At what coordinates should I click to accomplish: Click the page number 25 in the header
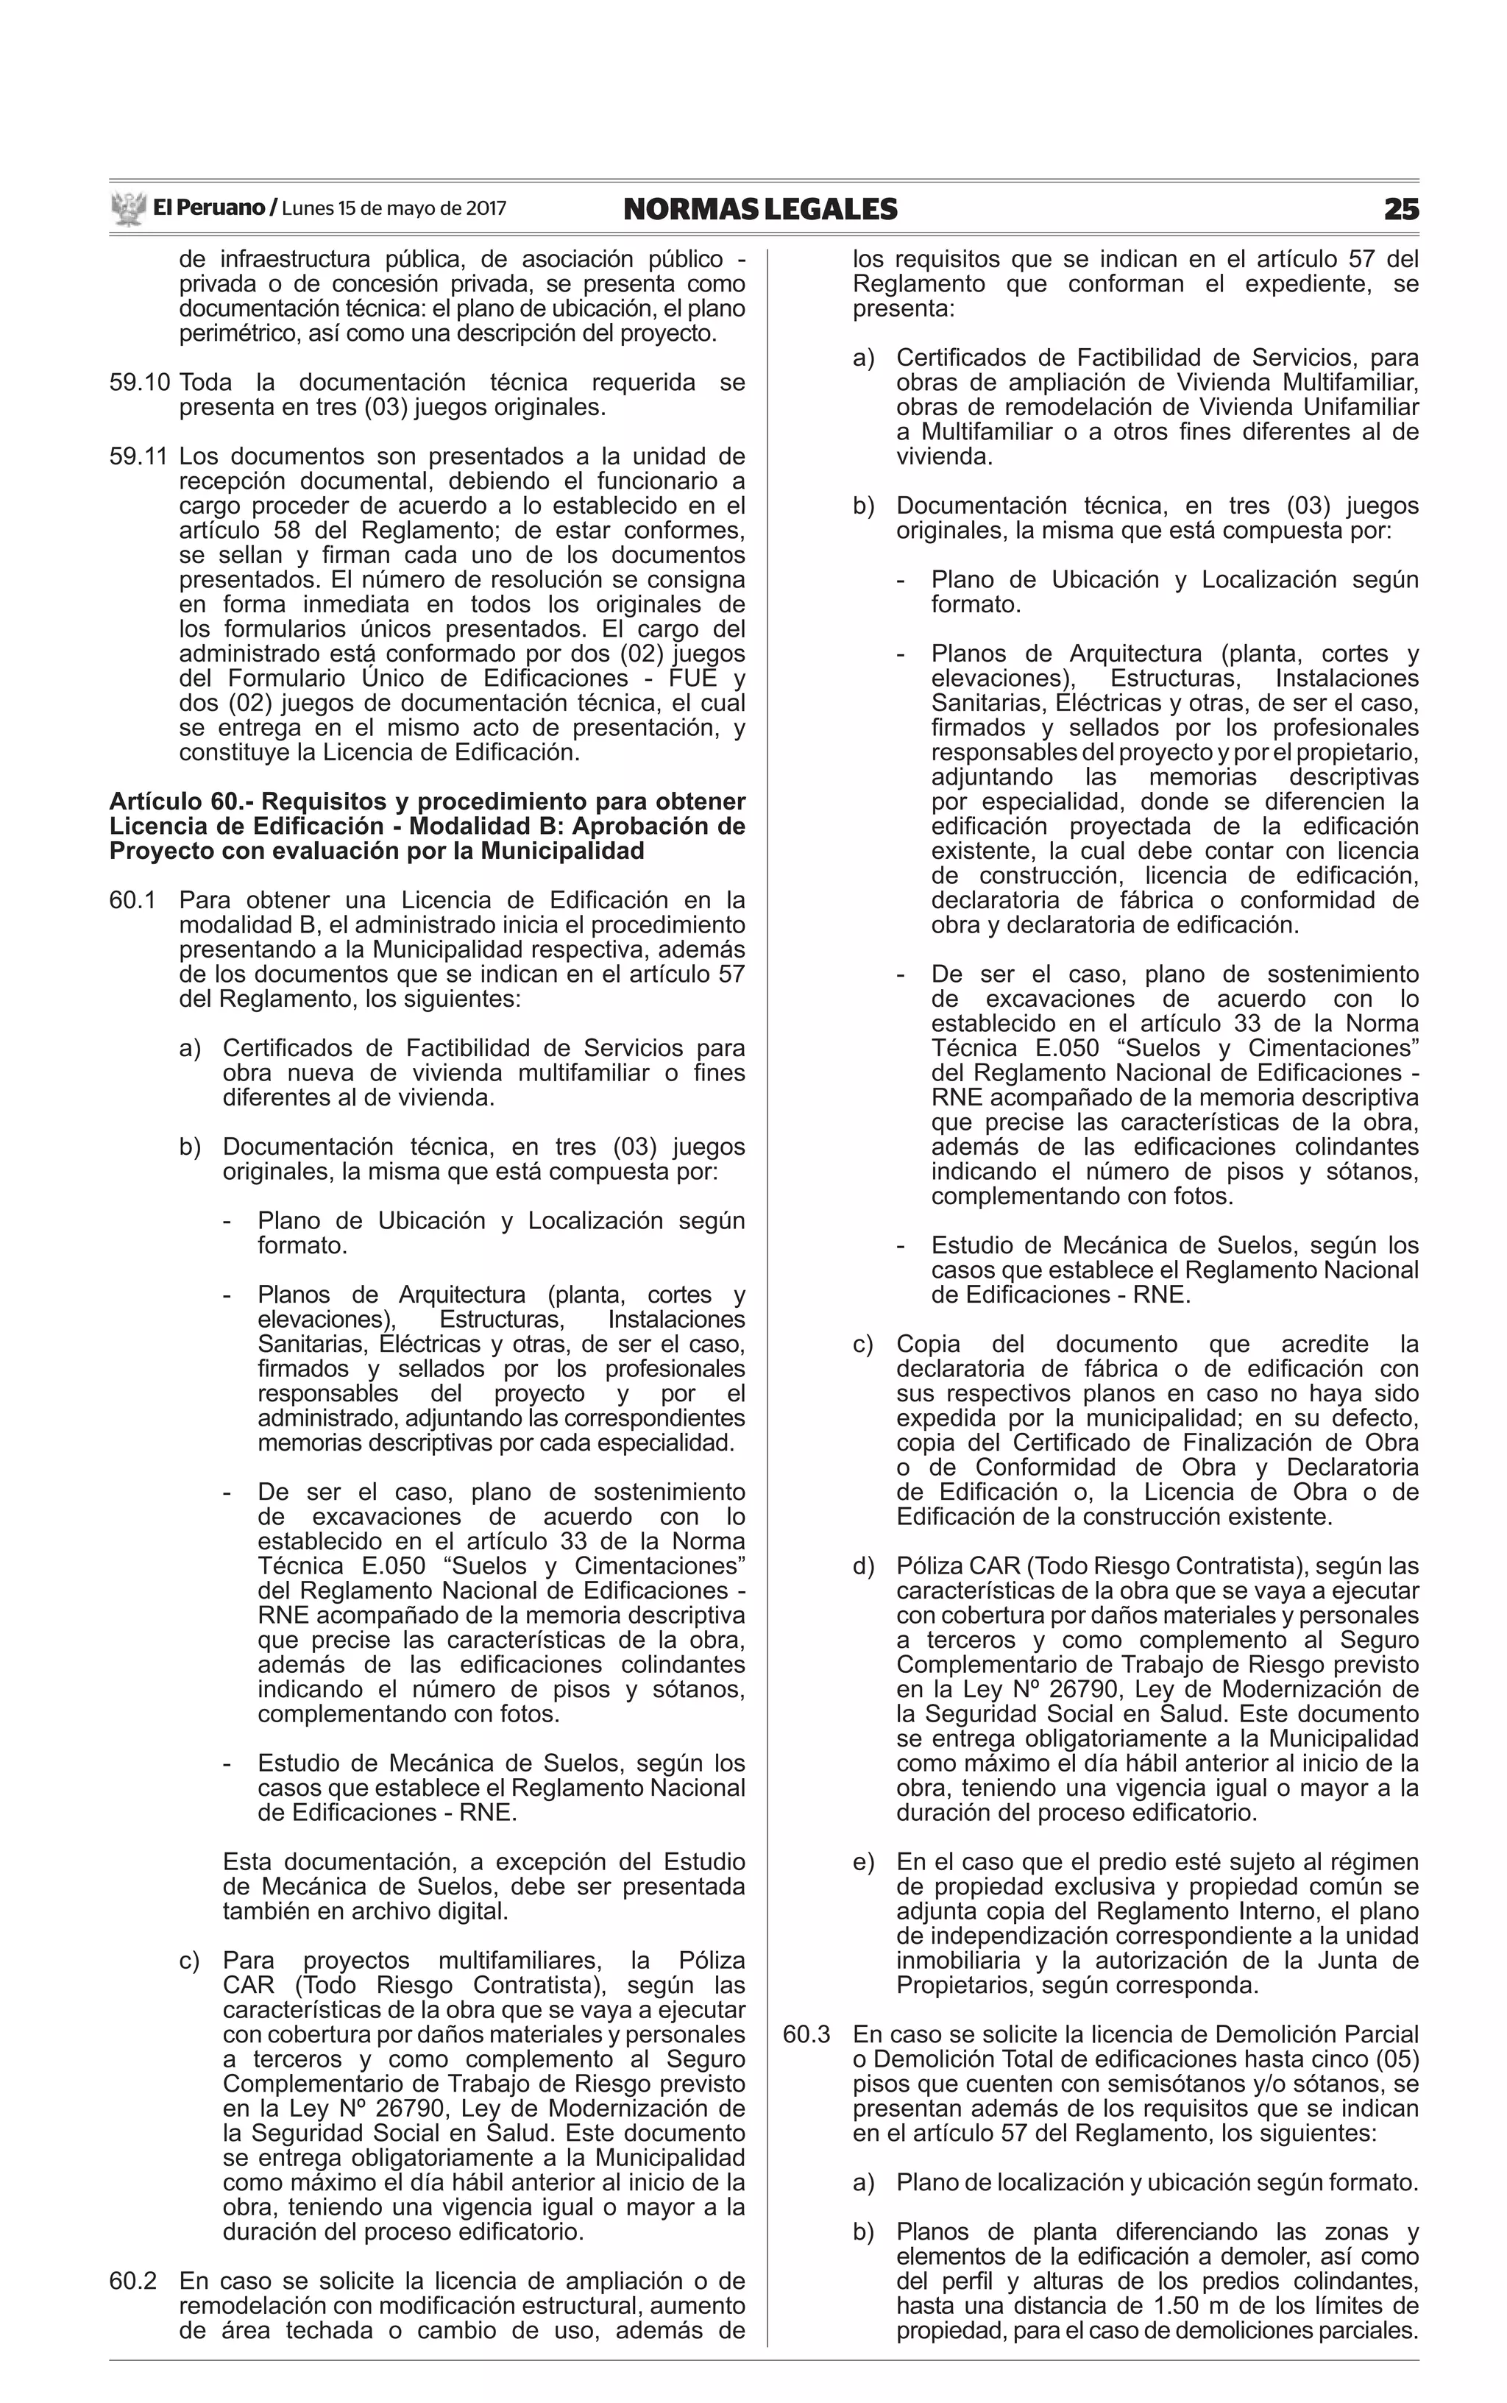[x=1400, y=209]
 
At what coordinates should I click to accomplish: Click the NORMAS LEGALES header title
[x=759, y=209]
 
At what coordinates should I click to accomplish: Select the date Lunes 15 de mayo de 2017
[x=394, y=209]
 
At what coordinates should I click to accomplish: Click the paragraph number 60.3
[x=806, y=2034]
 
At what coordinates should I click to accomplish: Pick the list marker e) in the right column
[x=863, y=1862]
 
